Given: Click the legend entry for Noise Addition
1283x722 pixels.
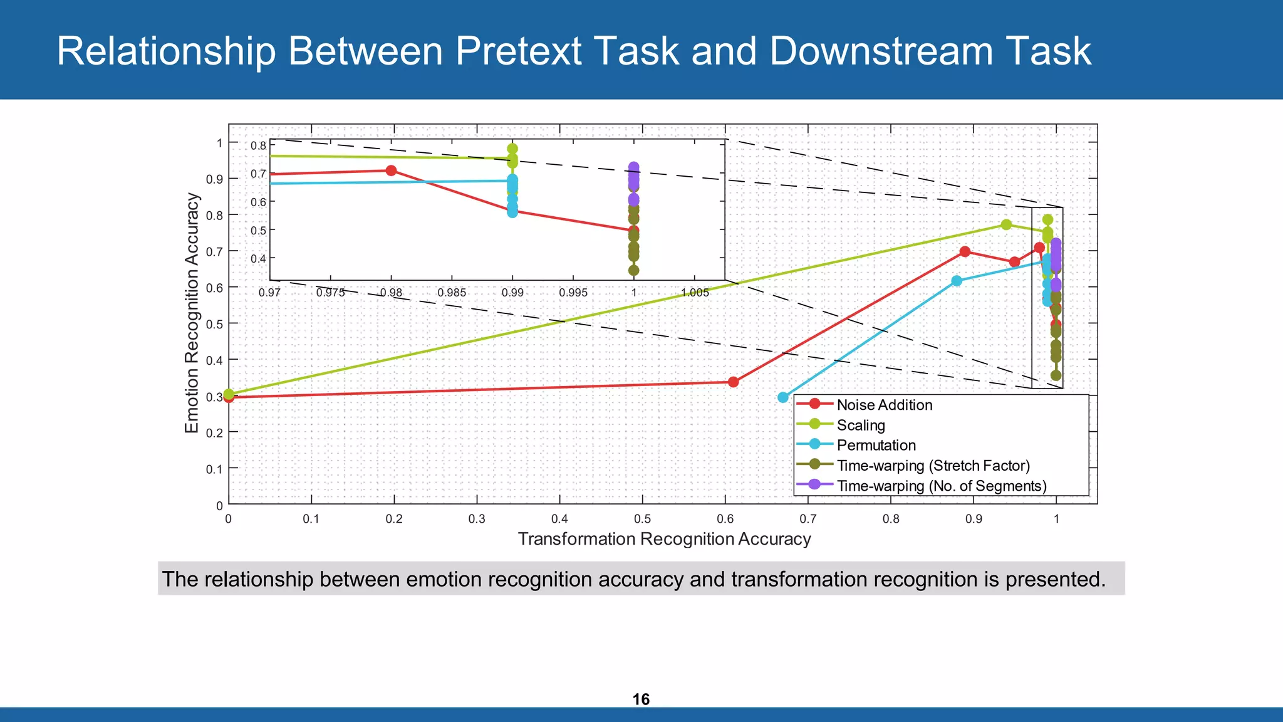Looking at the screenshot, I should pyautogui.click(x=884, y=405).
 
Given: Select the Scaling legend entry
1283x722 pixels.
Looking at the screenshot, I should pyautogui.click(x=861, y=425).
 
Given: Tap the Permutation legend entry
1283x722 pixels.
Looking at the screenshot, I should pyautogui.click(x=876, y=445).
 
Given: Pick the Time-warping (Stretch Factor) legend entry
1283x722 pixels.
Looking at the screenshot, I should pyautogui.click(x=933, y=466).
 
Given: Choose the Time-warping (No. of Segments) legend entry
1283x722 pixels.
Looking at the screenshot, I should pyautogui.click(x=941, y=486).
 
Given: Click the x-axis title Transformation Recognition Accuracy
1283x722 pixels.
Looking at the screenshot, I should pyautogui.click(x=664, y=539).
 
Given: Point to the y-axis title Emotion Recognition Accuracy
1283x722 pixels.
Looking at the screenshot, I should pyautogui.click(x=192, y=313).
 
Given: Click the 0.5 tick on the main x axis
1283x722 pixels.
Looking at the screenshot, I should pyautogui.click(x=642, y=519).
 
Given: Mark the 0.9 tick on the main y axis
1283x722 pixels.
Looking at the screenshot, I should pyautogui.click(x=215, y=179).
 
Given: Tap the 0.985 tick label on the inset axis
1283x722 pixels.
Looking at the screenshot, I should pyautogui.click(x=452, y=293).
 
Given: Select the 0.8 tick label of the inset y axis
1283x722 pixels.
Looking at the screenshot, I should pyautogui.click(x=258, y=145).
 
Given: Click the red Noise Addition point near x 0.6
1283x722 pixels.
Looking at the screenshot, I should pyautogui.click(x=733, y=382).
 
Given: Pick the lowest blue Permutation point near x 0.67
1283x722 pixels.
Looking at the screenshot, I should pyautogui.click(x=782, y=397).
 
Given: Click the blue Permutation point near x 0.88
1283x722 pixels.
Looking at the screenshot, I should pyautogui.click(x=957, y=281).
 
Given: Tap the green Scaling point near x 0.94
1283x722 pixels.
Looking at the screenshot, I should pyautogui.click(x=1006, y=224).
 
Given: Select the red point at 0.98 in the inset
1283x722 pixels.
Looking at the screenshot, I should pyautogui.click(x=391, y=170).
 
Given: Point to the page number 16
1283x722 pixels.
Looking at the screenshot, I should pyautogui.click(x=641, y=699).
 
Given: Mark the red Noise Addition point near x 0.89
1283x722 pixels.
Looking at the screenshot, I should pyautogui.click(x=965, y=251).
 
